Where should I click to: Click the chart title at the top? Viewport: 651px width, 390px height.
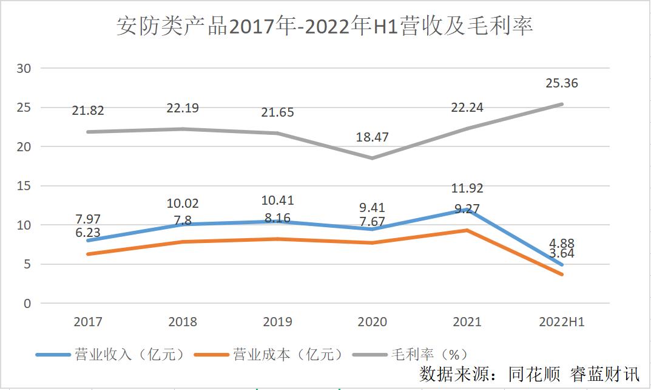[325, 27]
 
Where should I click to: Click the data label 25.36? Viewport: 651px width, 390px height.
[561, 83]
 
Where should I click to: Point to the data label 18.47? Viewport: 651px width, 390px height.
[372, 138]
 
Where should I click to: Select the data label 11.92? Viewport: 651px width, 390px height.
[467, 188]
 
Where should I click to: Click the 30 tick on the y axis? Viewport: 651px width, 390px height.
[23, 68]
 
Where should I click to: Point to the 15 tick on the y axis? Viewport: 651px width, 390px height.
[23, 186]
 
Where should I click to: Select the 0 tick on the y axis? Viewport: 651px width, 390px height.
[26, 303]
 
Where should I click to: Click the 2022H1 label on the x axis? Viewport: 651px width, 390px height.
[561, 322]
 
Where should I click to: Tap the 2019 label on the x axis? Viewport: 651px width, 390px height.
[277, 322]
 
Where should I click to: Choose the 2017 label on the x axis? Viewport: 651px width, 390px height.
[88, 322]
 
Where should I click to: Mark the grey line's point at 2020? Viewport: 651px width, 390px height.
[372, 158]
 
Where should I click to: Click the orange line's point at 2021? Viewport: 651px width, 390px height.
[467, 230]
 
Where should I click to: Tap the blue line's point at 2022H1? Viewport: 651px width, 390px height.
[561, 265]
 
